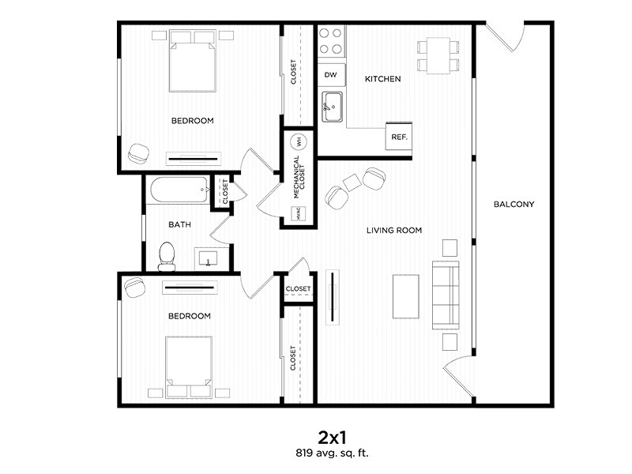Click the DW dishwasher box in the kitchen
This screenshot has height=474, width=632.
pyautogui.click(x=331, y=75)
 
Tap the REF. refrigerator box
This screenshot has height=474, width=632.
pyautogui.click(x=399, y=136)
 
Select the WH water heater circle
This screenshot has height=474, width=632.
pyautogui.click(x=299, y=142)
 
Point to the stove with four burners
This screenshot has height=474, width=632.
pyautogui.click(x=332, y=42)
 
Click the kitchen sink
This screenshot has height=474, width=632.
pyautogui.click(x=333, y=107)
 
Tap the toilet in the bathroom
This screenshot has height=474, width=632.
pyautogui.click(x=167, y=254)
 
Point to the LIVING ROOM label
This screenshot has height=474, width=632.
pyautogui.click(x=393, y=231)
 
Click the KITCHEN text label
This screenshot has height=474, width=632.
pyautogui.click(x=382, y=79)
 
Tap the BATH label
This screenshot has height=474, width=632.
pyautogui.click(x=179, y=225)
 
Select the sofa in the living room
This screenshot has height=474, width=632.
pyautogui.click(x=445, y=295)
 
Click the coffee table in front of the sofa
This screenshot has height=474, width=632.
pyautogui.click(x=406, y=296)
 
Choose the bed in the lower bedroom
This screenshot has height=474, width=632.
pyautogui.click(x=189, y=364)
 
